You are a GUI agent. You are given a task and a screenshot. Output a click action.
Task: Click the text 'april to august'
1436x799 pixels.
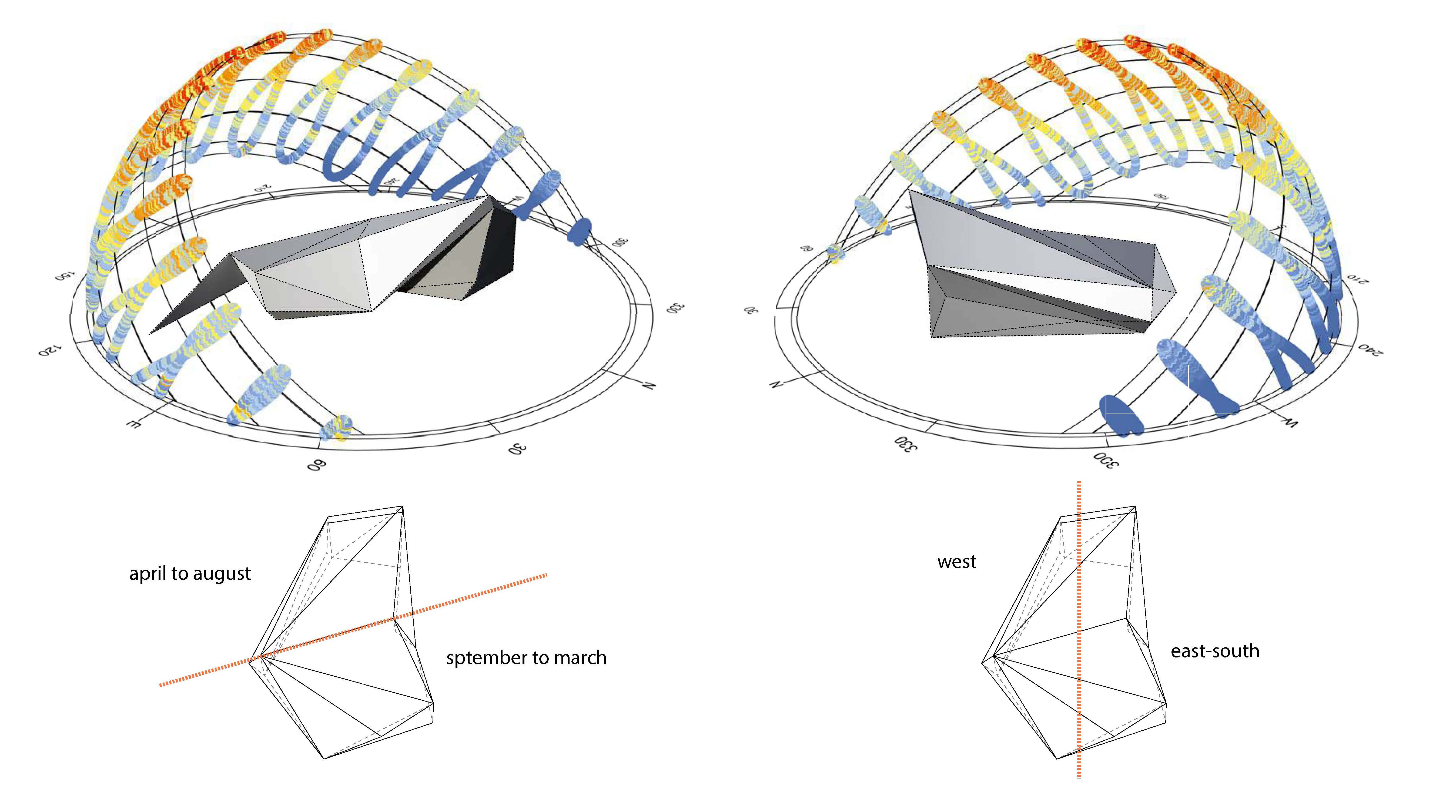(x=190, y=574)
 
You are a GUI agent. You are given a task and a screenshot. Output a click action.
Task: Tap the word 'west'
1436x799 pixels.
(x=957, y=562)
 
